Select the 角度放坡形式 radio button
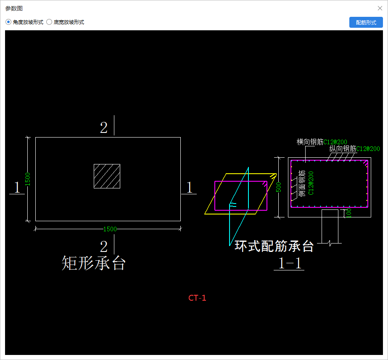pyautogui.click(x=8, y=22)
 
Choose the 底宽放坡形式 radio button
pyautogui.click(x=49, y=22)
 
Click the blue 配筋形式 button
pyautogui.click(x=366, y=22)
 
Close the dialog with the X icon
pyautogui.click(x=380, y=8)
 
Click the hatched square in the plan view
pyautogui.click(x=107, y=176)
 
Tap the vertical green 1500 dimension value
pyautogui.click(x=28, y=179)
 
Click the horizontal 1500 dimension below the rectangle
pyautogui.click(x=110, y=229)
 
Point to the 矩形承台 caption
pyautogui.click(x=93, y=263)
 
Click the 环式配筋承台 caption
pyautogui.click(x=274, y=246)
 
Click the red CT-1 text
pyautogui.click(x=197, y=298)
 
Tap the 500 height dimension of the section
pyautogui.click(x=278, y=187)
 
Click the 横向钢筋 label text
pyautogui.click(x=310, y=142)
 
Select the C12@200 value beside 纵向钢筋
pyautogui.click(x=368, y=149)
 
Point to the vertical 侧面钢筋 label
pyautogui.click(x=301, y=184)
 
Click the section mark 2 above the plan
pyautogui.click(x=103, y=127)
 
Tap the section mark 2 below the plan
pyautogui.click(x=103, y=246)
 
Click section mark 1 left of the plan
pyautogui.click(x=17, y=188)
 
